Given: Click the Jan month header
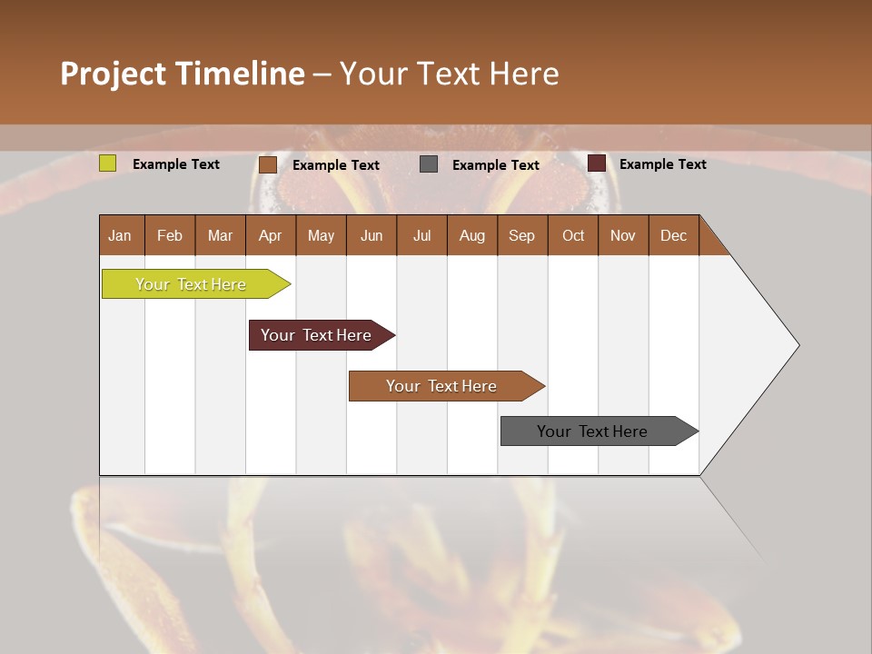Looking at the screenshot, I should coord(121,235).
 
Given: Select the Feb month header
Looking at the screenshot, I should coord(170,235).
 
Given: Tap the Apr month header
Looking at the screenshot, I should coord(271,235).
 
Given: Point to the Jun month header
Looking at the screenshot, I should coord(372,235).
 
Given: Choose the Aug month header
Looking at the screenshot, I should coord(472,235).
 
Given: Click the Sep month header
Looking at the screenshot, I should coord(522,235).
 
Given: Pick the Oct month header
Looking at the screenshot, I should coord(573,235).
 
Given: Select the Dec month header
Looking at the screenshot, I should coord(674,235).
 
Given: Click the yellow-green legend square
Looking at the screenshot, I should coord(108,163).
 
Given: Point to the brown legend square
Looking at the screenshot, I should coord(268,164).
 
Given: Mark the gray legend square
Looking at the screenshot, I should coord(429,164).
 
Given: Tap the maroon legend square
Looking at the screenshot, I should coord(597,163).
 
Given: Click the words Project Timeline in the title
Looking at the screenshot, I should coord(183,74).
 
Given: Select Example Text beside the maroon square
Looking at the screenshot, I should coord(663,164).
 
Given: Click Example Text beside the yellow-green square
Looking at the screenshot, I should coord(176,164).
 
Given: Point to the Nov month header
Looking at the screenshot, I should coord(623,235).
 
